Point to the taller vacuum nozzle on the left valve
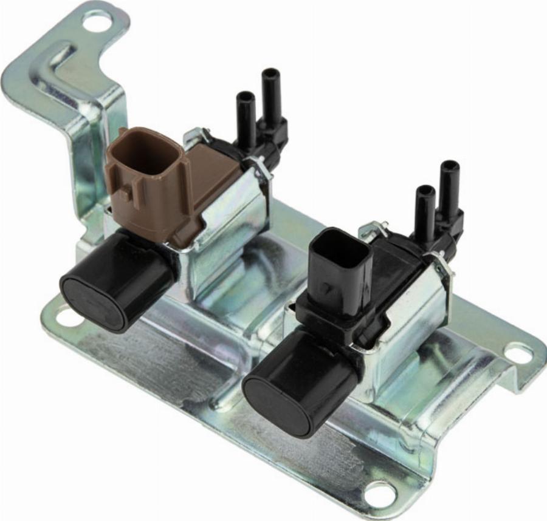pyautogui.click(x=270, y=97)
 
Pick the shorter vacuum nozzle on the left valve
pyautogui.click(x=246, y=118)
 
